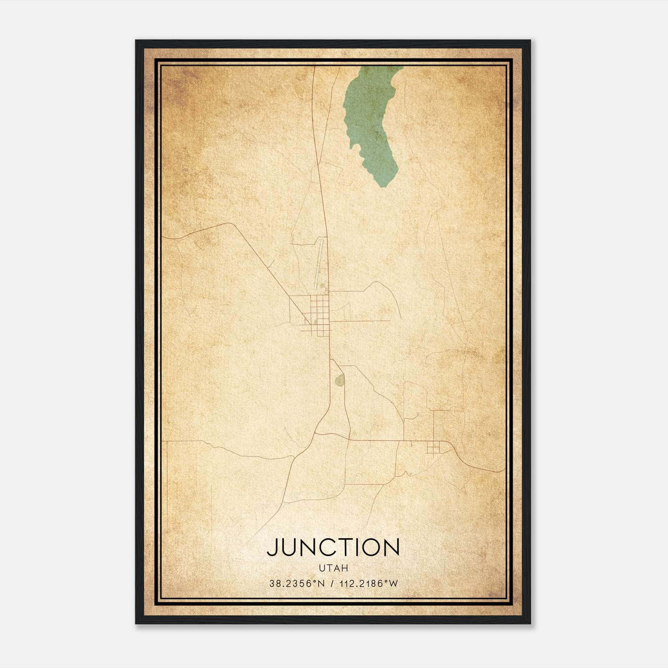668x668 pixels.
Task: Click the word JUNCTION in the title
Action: click(333, 547)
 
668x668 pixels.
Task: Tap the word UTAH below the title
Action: click(333, 568)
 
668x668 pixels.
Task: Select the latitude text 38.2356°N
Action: click(297, 584)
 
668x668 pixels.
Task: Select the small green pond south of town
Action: click(339, 380)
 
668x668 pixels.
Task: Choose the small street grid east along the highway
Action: click(433, 448)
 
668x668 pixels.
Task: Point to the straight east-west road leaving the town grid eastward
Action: click(363, 321)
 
